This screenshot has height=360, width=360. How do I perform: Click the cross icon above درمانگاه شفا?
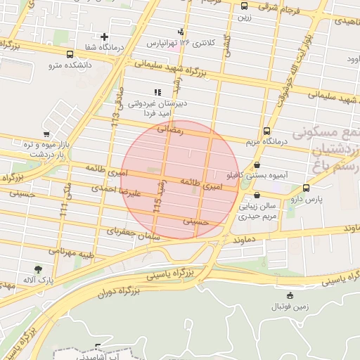tap(104, 37)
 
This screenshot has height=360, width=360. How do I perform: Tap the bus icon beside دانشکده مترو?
tap(69, 54)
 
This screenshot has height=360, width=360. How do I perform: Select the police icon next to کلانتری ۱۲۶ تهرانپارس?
tap(181, 32)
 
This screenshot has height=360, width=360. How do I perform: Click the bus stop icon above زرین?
tap(244, 6)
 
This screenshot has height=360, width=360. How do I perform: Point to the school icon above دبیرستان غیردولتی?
tap(157, 92)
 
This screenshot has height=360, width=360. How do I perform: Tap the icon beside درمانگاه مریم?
tap(266, 131)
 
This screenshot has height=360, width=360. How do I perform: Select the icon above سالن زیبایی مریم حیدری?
tap(257, 195)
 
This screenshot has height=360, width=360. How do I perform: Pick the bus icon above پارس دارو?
tap(306, 188)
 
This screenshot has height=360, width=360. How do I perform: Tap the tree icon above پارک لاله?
tap(37, 269)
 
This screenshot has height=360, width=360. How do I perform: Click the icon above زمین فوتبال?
tap(290, 295)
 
